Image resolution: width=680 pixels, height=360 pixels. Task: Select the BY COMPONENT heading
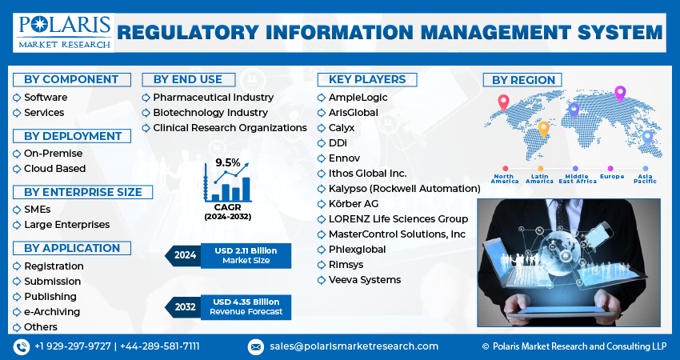(72, 79)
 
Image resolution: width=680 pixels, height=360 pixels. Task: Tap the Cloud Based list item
(54, 169)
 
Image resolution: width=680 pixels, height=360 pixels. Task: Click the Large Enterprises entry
(66, 225)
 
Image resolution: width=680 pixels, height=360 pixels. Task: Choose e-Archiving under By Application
(52, 312)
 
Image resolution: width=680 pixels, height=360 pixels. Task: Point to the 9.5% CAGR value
(228, 162)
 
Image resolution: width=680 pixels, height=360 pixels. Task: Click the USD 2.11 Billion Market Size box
(246, 256)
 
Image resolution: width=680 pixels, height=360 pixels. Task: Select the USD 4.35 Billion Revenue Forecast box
(246, 306)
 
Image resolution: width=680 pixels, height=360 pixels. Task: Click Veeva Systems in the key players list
(364, 280)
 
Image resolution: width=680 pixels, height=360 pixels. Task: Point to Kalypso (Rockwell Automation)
(404, 189)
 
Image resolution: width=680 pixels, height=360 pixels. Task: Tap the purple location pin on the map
(619, 94)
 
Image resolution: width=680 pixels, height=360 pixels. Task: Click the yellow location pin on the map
(543, 127)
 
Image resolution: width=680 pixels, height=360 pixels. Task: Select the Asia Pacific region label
(645, 178)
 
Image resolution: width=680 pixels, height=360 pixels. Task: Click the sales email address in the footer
(354, 346)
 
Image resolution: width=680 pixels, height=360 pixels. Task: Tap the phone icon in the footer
(21, 346)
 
